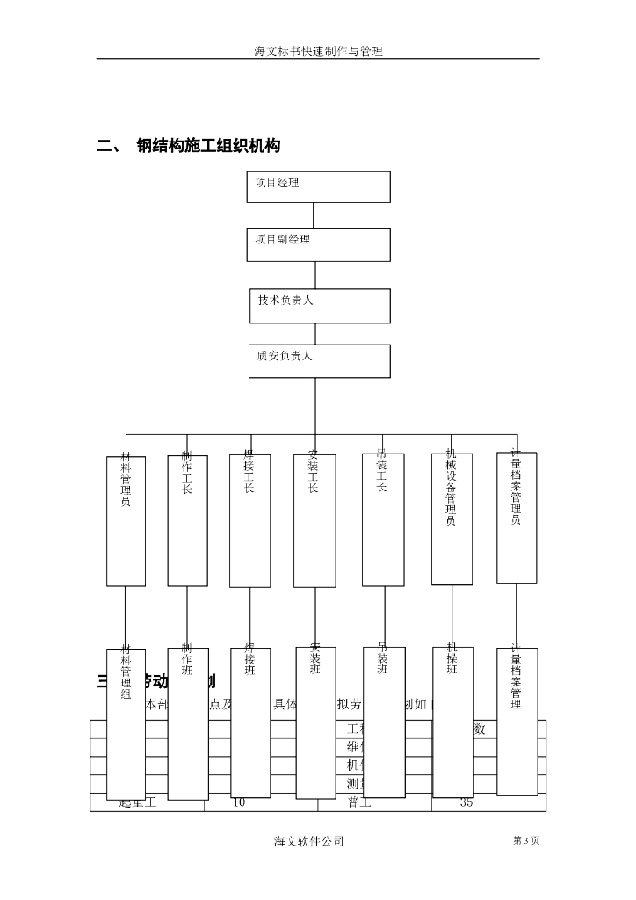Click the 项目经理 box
[x=318, y=187]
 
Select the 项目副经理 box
[x=318, y=244]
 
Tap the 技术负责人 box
[x=319, y=305]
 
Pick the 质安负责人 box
[x=319, y=360]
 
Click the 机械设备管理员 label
[x=452, y=487]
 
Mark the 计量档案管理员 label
[x=517, y=488]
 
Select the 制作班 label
[x=187, y=659]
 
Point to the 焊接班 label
[x=249, y=659]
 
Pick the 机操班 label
[x=452, y=659]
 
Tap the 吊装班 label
[x=383, y=659]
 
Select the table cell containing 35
[x=467, y=802]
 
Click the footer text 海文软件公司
[x=308, y=841]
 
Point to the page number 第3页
[x=525, y=841]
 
